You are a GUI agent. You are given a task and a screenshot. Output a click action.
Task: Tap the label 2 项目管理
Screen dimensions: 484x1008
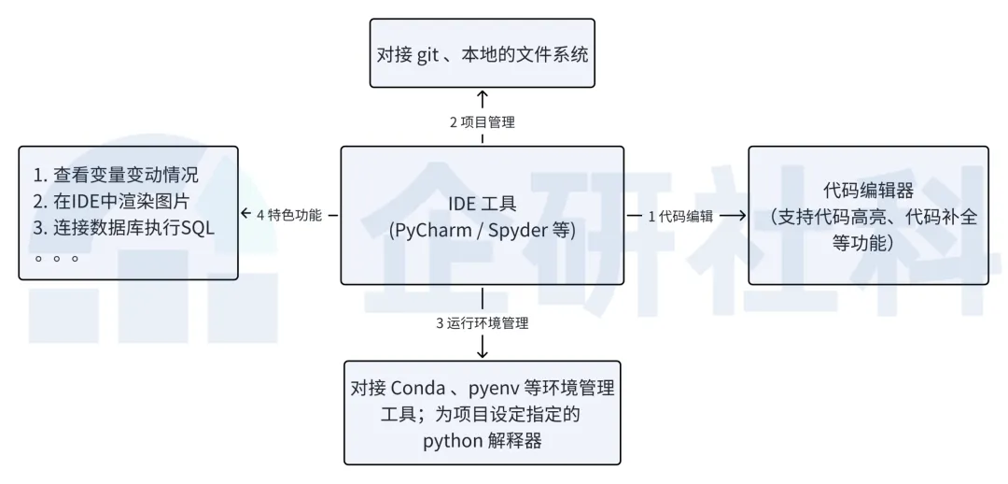tap(483, 122)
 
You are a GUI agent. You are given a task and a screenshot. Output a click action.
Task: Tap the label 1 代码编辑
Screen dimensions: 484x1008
tap(682, 216)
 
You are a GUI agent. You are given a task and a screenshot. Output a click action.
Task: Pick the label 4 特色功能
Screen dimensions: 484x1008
tap(289, 215)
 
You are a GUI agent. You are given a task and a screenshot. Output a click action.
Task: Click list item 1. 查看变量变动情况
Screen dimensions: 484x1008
tap(117, 176)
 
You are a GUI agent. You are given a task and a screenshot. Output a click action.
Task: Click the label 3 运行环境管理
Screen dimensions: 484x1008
tap(483, 324)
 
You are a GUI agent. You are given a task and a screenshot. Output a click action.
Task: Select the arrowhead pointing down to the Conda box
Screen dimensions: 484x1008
tap(483, 352)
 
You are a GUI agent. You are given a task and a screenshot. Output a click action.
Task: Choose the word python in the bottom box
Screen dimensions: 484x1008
tap(453, 440)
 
